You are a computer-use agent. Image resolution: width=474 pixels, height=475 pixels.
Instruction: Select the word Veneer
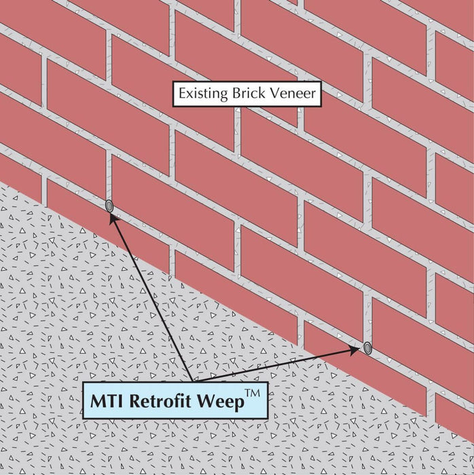tap(292, 94)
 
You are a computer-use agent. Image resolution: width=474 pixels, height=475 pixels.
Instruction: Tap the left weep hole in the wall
tap(109, 206)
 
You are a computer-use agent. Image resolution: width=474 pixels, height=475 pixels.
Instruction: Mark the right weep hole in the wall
tap(367, 347)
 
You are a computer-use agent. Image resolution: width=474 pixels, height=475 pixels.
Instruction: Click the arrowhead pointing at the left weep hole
tap(113, 217)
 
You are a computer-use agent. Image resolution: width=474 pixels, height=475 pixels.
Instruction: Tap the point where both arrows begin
tap(194, 380)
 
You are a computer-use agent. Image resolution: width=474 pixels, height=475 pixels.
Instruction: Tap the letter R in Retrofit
tap(136, 402)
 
